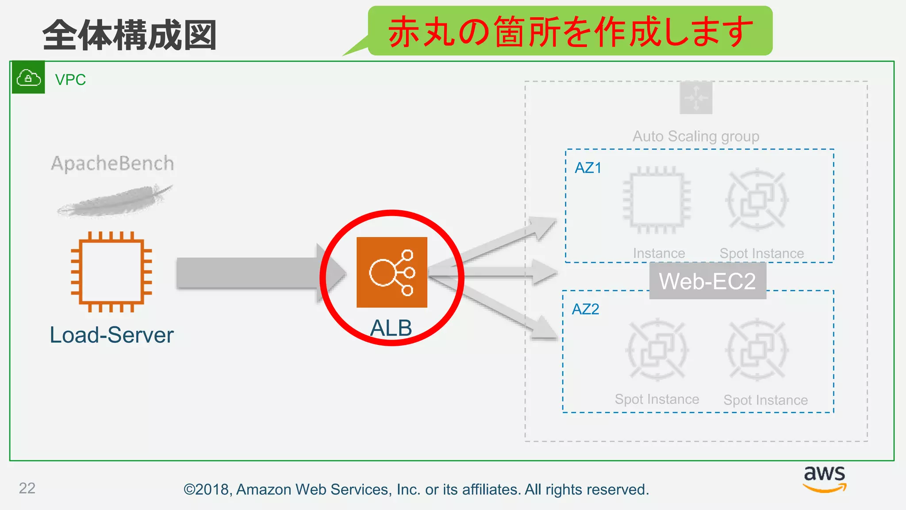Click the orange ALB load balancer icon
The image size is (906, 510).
[392, 272]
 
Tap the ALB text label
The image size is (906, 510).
[391, 328]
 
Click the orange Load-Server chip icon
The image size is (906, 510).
[111, 271]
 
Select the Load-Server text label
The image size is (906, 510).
[111, 335]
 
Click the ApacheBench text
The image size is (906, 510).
[112, 163]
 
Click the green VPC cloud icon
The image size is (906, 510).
[28, 78]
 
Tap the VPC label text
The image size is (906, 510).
[70, 80]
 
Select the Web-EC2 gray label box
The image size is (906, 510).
[707, 281]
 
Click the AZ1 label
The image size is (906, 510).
[588, 168]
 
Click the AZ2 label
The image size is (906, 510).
[585, 309]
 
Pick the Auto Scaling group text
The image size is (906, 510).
[695, 136]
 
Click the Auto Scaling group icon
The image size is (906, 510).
[696, 98]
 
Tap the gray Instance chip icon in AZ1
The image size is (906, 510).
[656, 200]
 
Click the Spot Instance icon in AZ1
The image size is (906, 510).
[757, 200]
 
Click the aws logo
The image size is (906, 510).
[825, 478]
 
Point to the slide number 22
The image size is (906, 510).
[27, 488]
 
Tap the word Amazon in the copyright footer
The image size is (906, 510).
[264, 489]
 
